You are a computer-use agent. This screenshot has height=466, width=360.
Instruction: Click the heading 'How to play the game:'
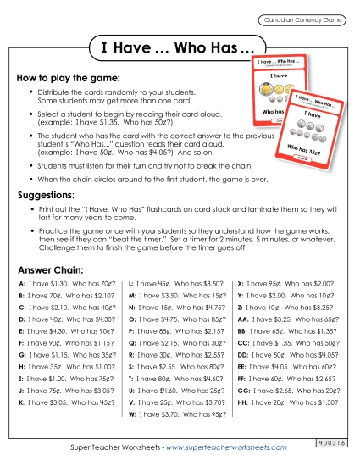(57, 77)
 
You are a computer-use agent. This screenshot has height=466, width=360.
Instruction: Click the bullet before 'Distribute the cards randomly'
(31, 92)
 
